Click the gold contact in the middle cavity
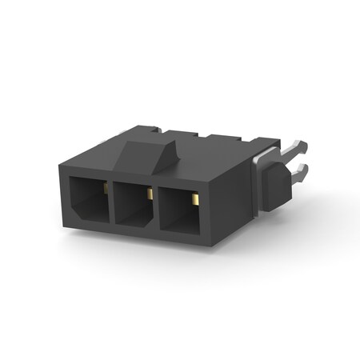pos(150,194)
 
